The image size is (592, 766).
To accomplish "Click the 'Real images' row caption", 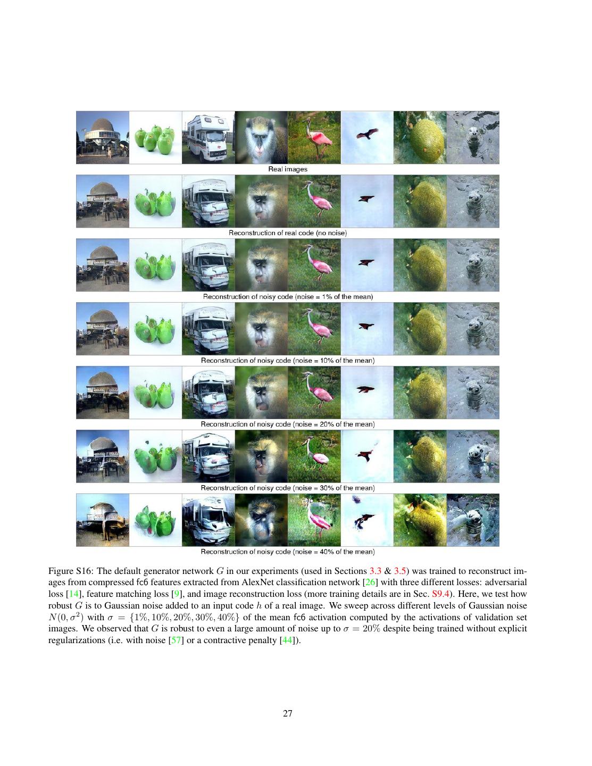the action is click(x=288, y=169).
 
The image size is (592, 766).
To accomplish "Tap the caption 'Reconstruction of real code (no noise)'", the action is click(x=288, y=233).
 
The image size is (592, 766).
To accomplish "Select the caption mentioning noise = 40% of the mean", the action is click(x=288, y=552).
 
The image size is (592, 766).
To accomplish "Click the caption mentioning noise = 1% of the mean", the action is click(x=288, y=297).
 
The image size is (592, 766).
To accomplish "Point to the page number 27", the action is click(x=288, y=713).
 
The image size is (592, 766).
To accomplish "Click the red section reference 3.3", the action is click(x=376, y=571).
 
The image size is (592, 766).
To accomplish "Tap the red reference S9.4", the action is click(x=440, y=594).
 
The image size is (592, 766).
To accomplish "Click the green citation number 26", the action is click(x=370, y=582).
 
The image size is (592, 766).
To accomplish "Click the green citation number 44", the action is click(x=287, y=640).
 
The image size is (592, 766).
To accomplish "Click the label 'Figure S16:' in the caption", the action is click(x=70, y=571).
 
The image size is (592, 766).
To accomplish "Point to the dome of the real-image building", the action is click(x=103, y=126).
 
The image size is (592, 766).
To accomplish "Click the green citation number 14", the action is click(x=73, y=594).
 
